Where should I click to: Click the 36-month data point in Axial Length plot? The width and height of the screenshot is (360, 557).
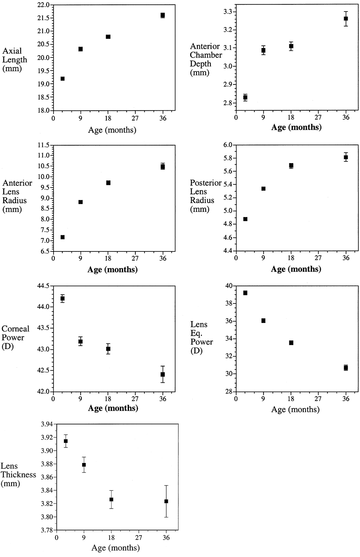[x=163, y=15]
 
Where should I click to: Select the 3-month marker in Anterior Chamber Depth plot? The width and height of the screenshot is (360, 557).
[x=245, y=98]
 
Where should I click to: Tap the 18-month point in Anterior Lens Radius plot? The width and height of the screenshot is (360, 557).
[x=108, y=183]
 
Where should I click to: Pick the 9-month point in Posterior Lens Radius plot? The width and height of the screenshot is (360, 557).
[x=264, y=188]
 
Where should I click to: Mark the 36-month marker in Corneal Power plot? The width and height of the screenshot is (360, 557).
[x=163, y=374]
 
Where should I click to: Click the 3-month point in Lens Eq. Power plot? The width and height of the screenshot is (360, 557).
[x=245, y=293]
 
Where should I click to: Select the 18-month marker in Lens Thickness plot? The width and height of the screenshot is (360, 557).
[x=112, y=499]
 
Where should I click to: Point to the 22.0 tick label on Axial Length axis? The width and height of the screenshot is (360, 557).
[x=43, y=5]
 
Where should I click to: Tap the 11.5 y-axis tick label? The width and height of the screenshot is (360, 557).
[x=43, y=145]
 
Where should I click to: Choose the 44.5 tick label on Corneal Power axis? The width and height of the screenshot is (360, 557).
[x=43, y=286]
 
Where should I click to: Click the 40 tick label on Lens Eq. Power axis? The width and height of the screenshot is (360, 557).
[x=229, y=286]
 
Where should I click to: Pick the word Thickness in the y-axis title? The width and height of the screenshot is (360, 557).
[x=18, y=474]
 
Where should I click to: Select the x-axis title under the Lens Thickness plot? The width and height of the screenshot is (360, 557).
[x=116, y=548]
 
